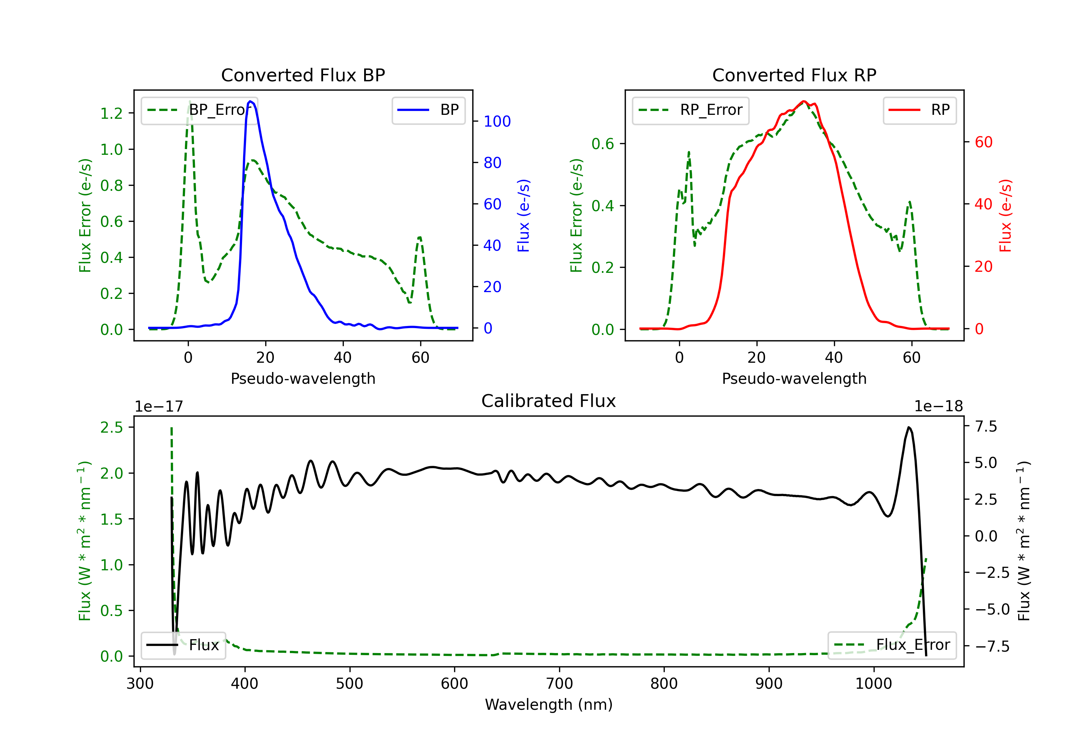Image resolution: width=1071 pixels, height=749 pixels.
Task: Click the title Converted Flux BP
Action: pyautogui.click(x=303, y=75)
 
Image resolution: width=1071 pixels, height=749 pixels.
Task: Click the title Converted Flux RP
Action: pyautogui.click(x=794, y=75)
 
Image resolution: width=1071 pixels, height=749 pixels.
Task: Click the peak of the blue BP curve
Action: pyautogui.click(x=251, y=101)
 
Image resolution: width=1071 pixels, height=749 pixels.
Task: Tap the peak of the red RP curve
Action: pyautogui.click(x=803, y=101)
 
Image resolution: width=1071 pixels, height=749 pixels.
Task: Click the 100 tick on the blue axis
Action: pyautogui.click(x=497, y=122)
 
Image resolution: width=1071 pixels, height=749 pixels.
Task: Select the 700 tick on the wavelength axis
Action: pyautogui.click(x=559, y=683)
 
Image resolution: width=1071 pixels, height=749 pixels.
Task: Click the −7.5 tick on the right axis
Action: pyautogui.click(x=992, y=646)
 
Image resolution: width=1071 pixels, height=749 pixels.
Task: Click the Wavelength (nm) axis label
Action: pyautogui.click(x=549, y=704)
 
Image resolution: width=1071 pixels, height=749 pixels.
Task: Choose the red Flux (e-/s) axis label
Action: pyautogui.click(x=1006, y=215)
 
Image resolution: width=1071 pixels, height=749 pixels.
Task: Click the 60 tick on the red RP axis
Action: pyautogui.click(x=983, y=142)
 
